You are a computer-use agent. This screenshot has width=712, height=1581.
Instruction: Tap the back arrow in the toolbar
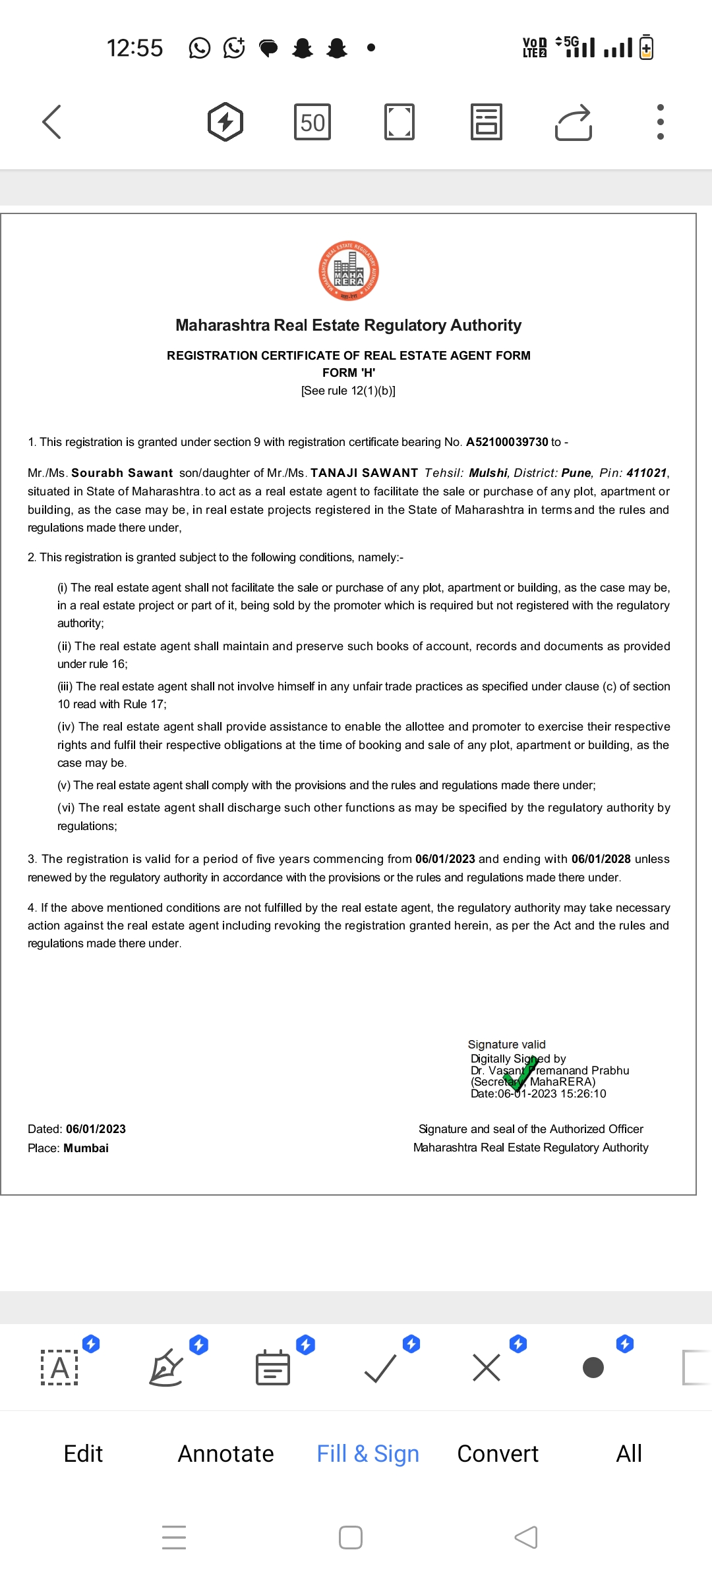tap(51, 122)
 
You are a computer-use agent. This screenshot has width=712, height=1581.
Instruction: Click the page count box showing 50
tap(312, 122)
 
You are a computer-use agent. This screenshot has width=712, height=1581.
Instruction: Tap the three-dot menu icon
tap(660, 122)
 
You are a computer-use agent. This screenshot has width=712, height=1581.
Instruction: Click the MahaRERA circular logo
tap(349, 271)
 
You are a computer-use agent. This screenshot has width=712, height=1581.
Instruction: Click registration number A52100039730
tap(507, 442)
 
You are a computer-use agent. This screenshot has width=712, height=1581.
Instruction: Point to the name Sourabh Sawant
tap(122, 473)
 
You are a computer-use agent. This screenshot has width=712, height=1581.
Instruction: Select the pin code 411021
tap(646, 473)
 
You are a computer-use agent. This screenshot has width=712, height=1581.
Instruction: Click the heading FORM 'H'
tap(349, 373)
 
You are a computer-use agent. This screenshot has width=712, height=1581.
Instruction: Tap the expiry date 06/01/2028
tap(601, 859)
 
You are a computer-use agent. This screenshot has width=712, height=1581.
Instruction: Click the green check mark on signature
tap(522, 1072)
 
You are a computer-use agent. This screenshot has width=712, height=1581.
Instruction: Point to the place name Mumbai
tap(86, 1148)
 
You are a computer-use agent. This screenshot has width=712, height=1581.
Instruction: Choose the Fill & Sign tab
tap(368, 1453)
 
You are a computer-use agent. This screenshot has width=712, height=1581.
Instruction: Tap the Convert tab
tap(498, 1453)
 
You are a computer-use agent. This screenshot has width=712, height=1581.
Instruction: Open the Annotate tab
tap(225, 1453)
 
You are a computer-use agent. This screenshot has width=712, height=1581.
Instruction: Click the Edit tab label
tap(83, 1453)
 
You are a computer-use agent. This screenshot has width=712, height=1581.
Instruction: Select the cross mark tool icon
tap(487, 1368)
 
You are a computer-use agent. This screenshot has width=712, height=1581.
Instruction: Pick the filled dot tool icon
tap(593, 1368)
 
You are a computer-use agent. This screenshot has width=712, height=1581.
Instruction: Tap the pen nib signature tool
tap(166, 1368)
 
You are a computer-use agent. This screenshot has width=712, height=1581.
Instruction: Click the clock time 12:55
tap(134, 48)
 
